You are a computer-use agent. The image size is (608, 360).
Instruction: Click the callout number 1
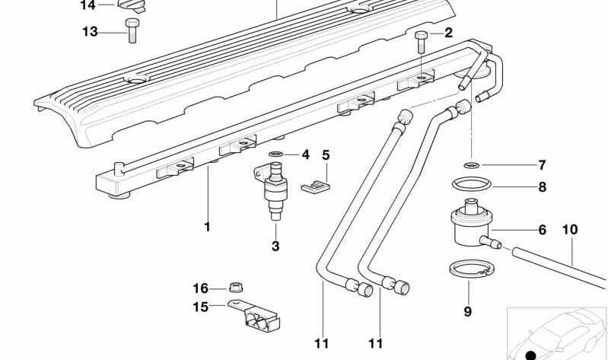coord(206,227)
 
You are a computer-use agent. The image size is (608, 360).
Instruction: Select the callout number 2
coord(448,33)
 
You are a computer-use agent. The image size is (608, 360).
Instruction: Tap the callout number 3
coord(275,246)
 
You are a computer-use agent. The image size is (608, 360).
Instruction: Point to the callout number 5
coord(326,155)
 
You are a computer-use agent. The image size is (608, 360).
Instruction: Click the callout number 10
coord(570,229)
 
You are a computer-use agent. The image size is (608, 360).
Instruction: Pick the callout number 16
coord(200,288)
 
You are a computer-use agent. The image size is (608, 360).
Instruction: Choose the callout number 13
coord(90,31)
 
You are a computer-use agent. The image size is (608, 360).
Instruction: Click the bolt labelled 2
coord(421,42)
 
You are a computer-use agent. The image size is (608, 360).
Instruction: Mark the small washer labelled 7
coord(471,164)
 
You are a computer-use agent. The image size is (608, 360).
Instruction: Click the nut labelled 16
coord(237,288)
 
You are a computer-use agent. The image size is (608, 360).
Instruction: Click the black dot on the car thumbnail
coord(530,355)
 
